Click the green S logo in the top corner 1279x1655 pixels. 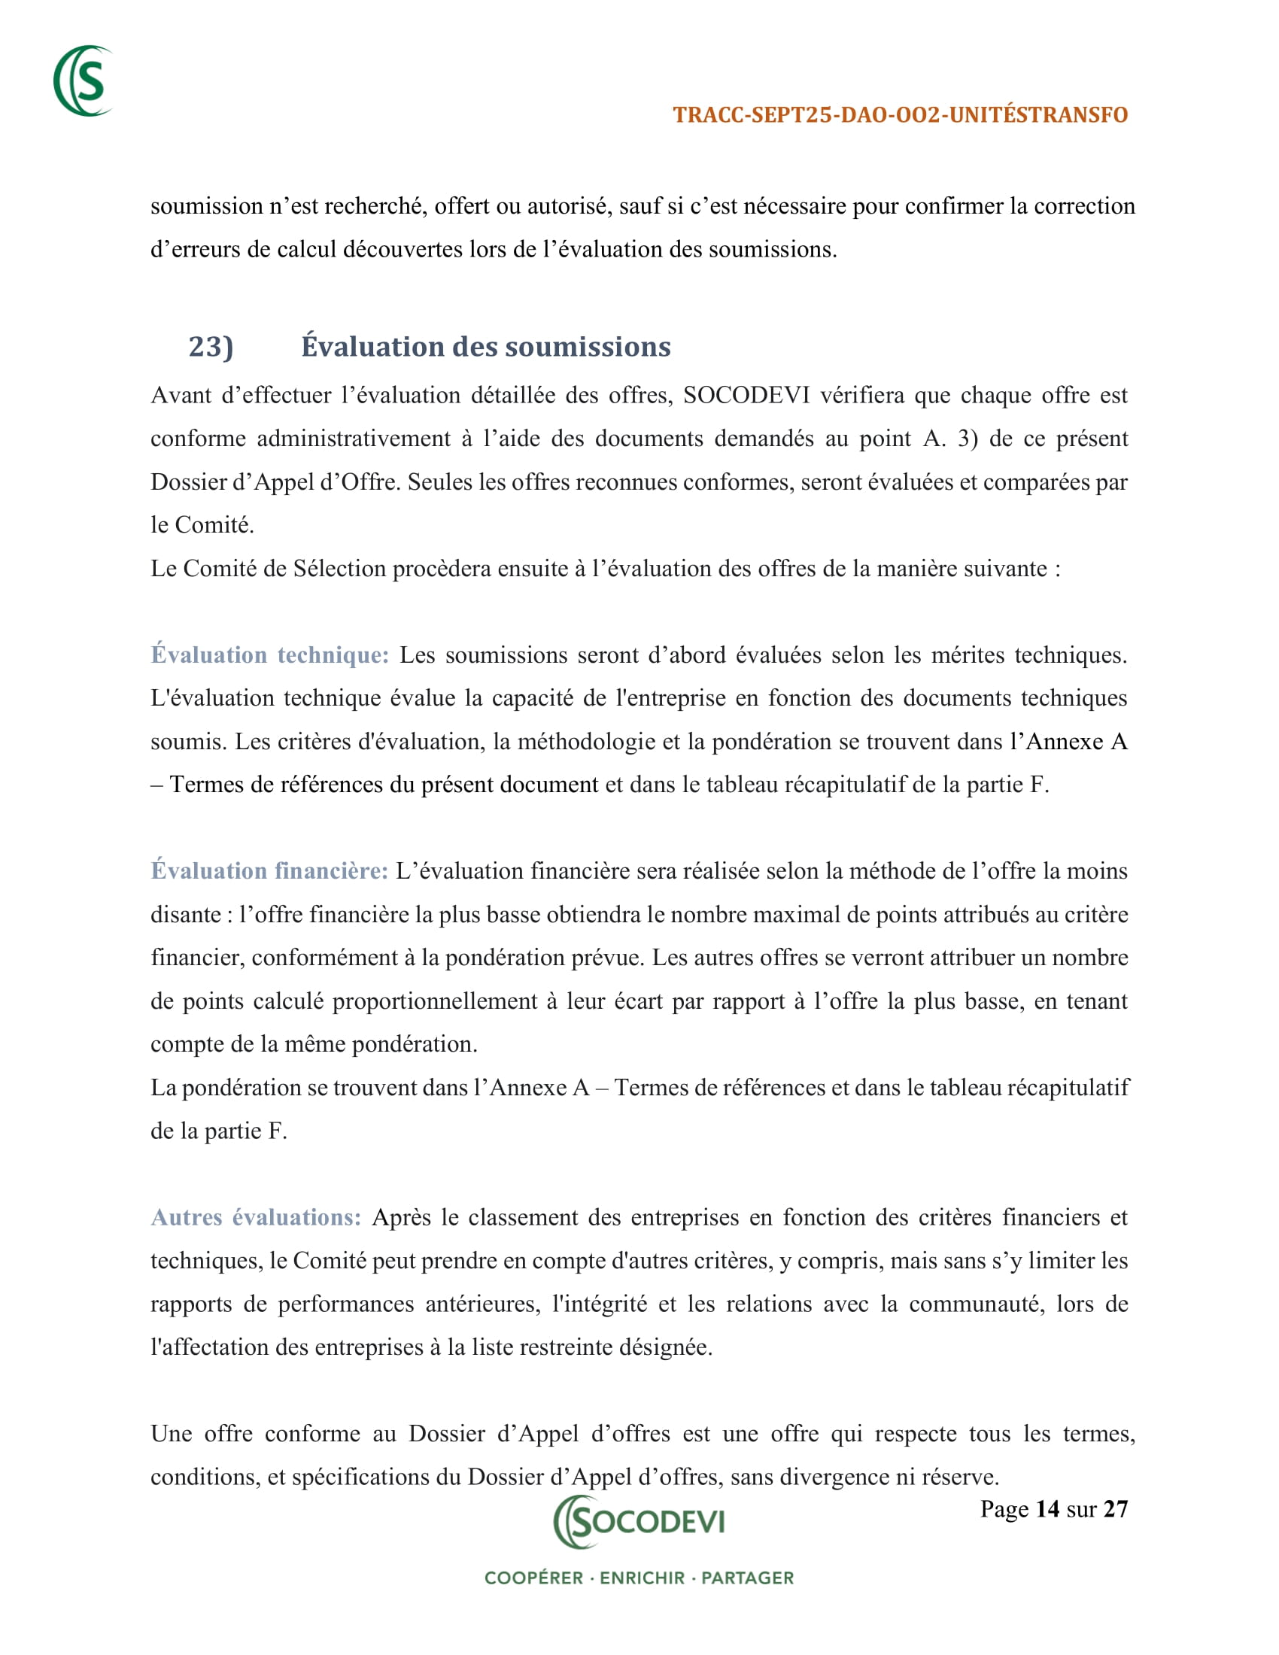[x=84, y=81]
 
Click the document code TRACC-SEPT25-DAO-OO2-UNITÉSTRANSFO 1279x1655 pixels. [x=900, y=115]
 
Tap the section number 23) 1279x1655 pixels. [x=211, y=347]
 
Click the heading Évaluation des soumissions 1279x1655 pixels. [x=486, y=347]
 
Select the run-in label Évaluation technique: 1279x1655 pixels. [x=270, y=655]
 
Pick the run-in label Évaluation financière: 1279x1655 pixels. [x=270, y=871]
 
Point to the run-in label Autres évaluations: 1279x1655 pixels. [x=256, y=1218]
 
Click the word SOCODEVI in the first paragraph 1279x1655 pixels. [x=746, y=396]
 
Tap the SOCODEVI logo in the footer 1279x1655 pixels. [x=639, y=1522]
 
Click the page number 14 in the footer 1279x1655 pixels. [x=1047, y=1510]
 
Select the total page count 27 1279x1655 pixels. [x=1115, y=1510]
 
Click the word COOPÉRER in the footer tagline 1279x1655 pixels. [x=533, y=1578]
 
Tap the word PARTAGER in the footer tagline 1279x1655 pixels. [x=747, y=1578]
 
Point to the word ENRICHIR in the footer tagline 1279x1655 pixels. [x=642, y=1578]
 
